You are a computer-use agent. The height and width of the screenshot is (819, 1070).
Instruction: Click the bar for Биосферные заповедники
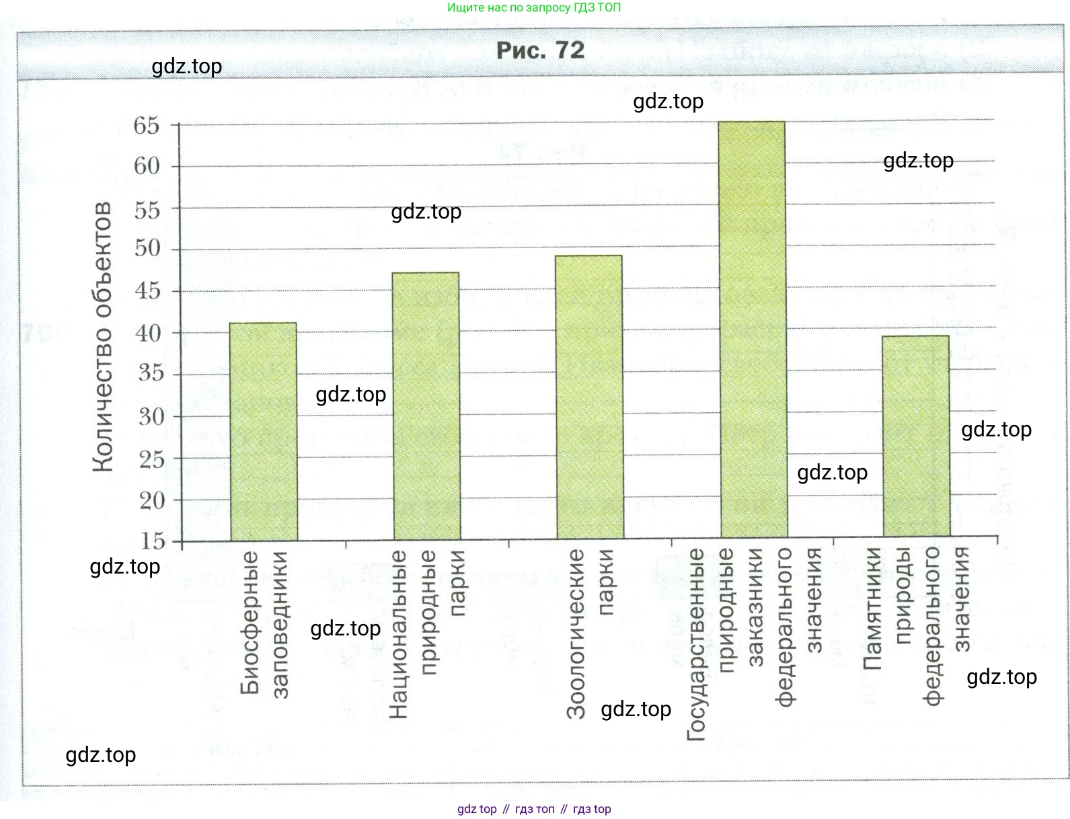(263, 430)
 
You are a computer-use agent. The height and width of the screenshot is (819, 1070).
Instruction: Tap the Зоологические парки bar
(590, 397)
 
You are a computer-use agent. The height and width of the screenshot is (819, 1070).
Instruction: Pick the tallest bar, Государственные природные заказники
(753, 329)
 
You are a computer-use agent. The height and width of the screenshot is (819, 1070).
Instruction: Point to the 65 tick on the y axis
(147, 126)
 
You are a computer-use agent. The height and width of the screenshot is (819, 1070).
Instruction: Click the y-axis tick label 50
(147, 249)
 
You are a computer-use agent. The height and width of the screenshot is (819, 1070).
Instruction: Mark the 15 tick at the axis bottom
(153, 541)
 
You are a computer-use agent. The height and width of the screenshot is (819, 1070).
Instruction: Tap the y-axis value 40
(148, 333)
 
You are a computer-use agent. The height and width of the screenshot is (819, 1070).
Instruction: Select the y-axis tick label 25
(151, 460)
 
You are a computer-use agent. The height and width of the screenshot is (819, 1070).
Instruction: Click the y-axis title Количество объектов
(102, 336)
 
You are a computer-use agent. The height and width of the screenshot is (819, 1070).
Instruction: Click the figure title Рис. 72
(540, 50)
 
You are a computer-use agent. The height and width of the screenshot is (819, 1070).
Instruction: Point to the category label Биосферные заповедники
(264, 623)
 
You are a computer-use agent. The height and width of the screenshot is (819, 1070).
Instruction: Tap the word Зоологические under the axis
(576, 633)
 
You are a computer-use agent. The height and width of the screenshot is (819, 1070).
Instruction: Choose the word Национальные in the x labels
(398, 633)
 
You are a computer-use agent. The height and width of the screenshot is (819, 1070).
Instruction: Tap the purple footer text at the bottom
(534, 809)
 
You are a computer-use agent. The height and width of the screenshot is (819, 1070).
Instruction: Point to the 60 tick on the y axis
(147, 166)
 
